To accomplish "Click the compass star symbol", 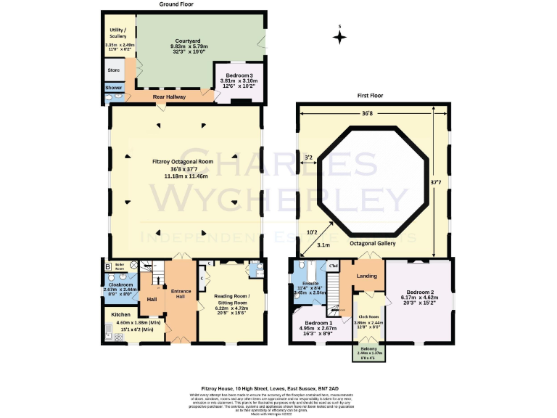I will [339, 37].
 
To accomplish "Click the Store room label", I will [114, 70].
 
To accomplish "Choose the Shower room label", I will [114, 87].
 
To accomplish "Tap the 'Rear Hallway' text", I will [170, 97].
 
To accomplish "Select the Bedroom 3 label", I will [238, 75].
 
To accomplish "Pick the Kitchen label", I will [120, 314].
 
